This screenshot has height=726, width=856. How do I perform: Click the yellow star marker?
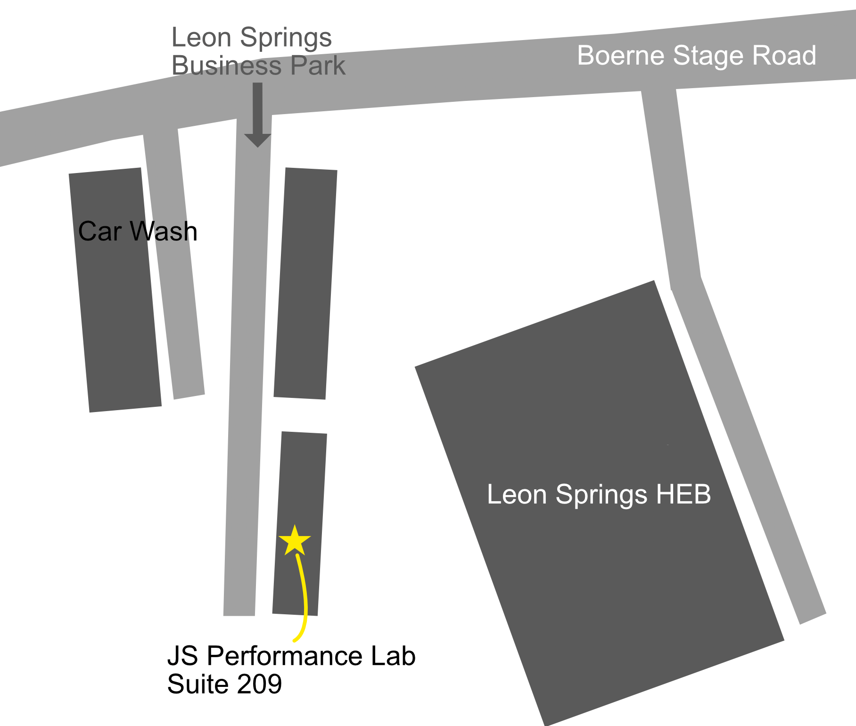295,541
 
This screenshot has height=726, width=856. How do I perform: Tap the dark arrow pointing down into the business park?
258,118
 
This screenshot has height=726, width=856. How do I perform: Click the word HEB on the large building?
683,494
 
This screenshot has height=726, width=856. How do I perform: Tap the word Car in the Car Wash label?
100,231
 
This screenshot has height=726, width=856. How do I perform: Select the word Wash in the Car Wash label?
164,231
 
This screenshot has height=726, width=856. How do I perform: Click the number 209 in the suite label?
259,684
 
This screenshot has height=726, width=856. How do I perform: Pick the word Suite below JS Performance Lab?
198,684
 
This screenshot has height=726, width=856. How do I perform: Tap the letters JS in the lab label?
183,656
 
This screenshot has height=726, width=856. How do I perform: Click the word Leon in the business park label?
201,37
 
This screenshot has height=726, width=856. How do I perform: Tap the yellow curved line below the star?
304,599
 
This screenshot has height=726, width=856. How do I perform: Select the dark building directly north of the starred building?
305,283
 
